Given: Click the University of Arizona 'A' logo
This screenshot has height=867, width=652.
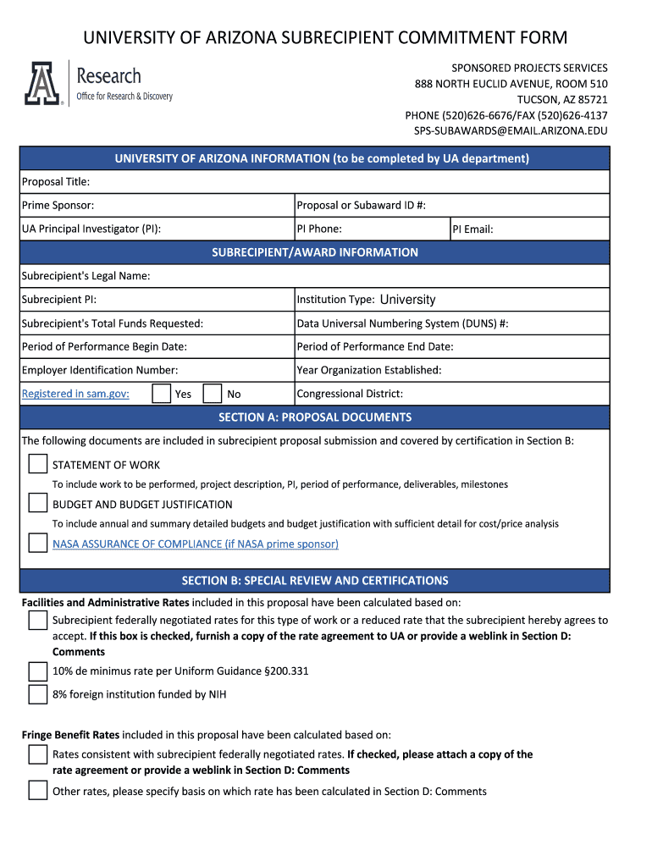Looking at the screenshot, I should (x=42, y=84).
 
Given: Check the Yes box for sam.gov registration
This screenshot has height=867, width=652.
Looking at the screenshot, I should (x=161, y=394).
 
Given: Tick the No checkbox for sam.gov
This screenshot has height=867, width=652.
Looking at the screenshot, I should (x=213, y=394).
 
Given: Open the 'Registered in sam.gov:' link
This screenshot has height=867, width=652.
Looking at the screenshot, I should (x=75, y=394).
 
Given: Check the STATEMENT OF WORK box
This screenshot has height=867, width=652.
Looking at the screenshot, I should (x=37, y=464).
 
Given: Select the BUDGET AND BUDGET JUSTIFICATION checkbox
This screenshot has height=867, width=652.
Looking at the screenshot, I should (x=37, y=504).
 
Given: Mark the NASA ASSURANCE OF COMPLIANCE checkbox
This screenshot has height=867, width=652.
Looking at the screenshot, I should (x=37, y=543).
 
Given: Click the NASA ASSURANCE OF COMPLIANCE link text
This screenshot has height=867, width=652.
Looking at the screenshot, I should (x=195, y=544).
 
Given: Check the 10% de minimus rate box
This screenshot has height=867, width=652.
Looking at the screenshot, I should (x=37, y=671).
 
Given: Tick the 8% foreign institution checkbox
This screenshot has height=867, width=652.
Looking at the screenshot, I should (x=37, y=694).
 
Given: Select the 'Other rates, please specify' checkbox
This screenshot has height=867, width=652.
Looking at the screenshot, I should (x=37, y=791).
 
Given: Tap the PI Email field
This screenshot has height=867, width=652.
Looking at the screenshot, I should (x=550, y=229).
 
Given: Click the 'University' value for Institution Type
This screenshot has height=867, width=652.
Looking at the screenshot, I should (x=407, y=300).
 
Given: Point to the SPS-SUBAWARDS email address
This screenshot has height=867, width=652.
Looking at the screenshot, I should (x=510, y=131).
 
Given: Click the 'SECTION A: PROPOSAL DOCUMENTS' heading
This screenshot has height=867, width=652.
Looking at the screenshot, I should (x=315, y=417).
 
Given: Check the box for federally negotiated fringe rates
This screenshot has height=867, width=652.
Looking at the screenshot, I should (x=37, y=754).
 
